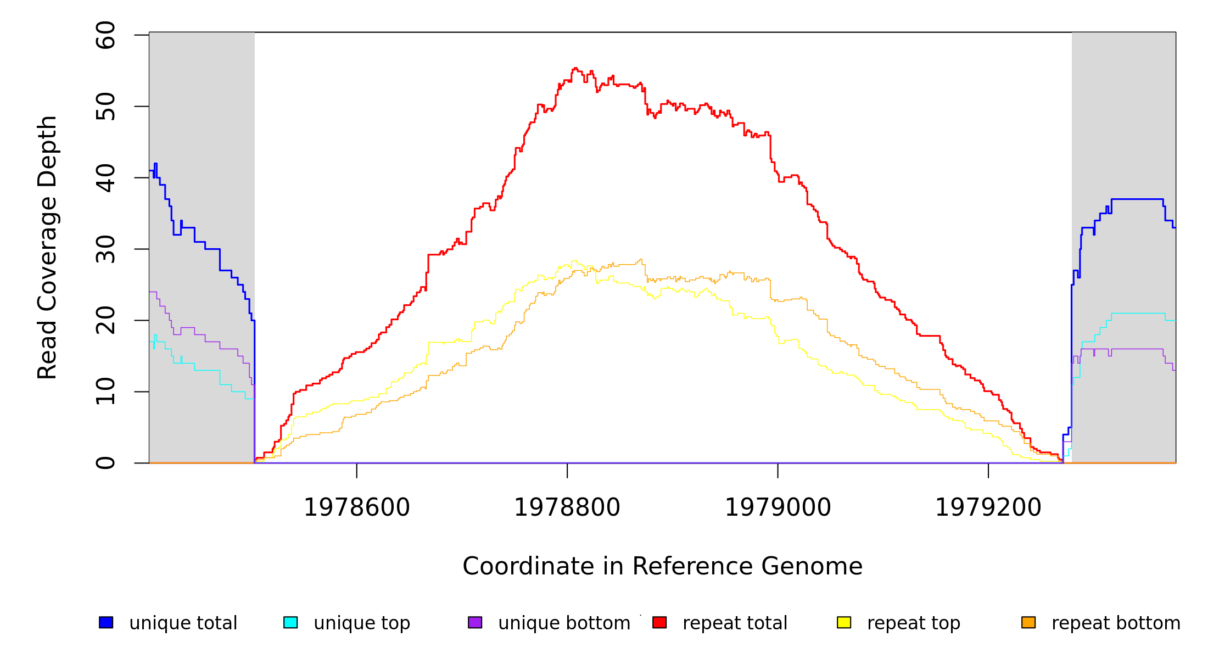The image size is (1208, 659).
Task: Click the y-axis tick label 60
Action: point(105,35)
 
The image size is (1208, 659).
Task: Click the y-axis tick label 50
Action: point(105,107)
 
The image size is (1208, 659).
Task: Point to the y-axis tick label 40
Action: point(105,178)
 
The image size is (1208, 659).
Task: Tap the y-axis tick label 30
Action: point(105,249)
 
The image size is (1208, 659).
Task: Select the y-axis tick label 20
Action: point(105,320)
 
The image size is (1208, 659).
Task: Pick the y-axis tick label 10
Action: point(105,392)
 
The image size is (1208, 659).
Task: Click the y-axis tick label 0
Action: point(105,463)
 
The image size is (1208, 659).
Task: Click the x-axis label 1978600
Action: point(357,507)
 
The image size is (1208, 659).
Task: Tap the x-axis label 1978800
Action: point(567,507)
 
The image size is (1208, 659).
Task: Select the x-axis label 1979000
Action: point(778,507)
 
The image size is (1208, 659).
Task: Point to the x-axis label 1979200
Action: point(988,507)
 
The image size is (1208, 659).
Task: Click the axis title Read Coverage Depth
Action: point(47,247)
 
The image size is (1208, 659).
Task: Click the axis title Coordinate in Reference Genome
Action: point(662,566)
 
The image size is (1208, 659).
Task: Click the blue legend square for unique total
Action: point(106,622)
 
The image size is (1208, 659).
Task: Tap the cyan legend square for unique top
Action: point(290,622)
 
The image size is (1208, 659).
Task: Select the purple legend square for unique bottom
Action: point(475,622)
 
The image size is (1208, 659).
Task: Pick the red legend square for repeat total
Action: point(659,622)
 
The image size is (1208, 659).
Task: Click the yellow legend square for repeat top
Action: point(844,622)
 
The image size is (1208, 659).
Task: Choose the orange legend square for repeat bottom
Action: point(1028,622)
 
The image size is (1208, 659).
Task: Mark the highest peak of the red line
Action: point(575,68)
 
